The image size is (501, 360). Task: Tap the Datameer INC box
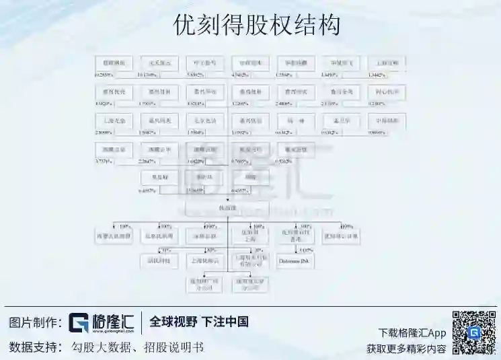point(295,260)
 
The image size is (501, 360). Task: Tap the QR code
point(473,332)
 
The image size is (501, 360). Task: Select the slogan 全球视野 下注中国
point(199,322)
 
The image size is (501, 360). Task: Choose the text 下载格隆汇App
point(412,332)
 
